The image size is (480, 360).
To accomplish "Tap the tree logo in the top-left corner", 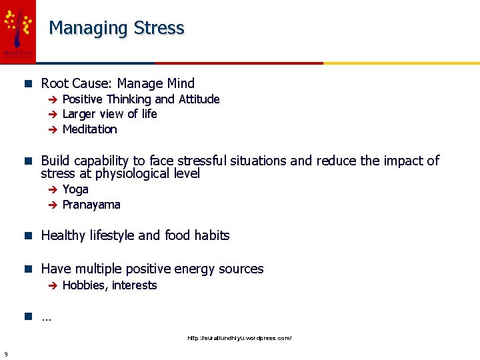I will click(x=17, y=27).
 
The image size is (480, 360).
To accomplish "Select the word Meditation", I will click(x=89, y=129).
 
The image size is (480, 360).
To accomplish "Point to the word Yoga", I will click(x=75, y=189).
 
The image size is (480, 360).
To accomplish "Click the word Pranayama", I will click(x=91, y=205).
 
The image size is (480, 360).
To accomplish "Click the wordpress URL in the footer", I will click(x=239, y=338).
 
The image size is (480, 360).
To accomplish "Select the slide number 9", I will click(x=5, y=353).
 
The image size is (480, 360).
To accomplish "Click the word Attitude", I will click(x=199, y=99).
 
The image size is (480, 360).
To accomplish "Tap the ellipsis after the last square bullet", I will click(x=46, y=318).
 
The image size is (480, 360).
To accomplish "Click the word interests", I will click(x=135, y=285).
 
